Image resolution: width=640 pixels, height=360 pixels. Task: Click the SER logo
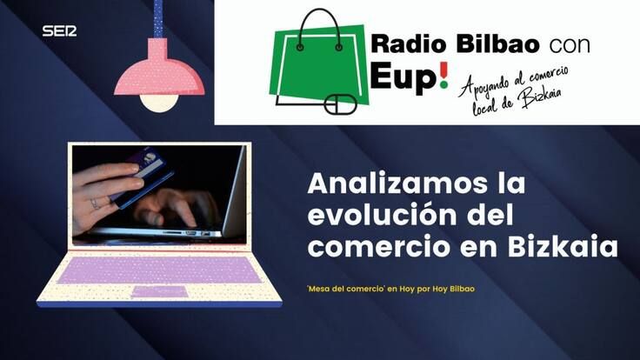point(59,31)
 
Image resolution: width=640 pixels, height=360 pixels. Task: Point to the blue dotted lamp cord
point(158,22)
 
